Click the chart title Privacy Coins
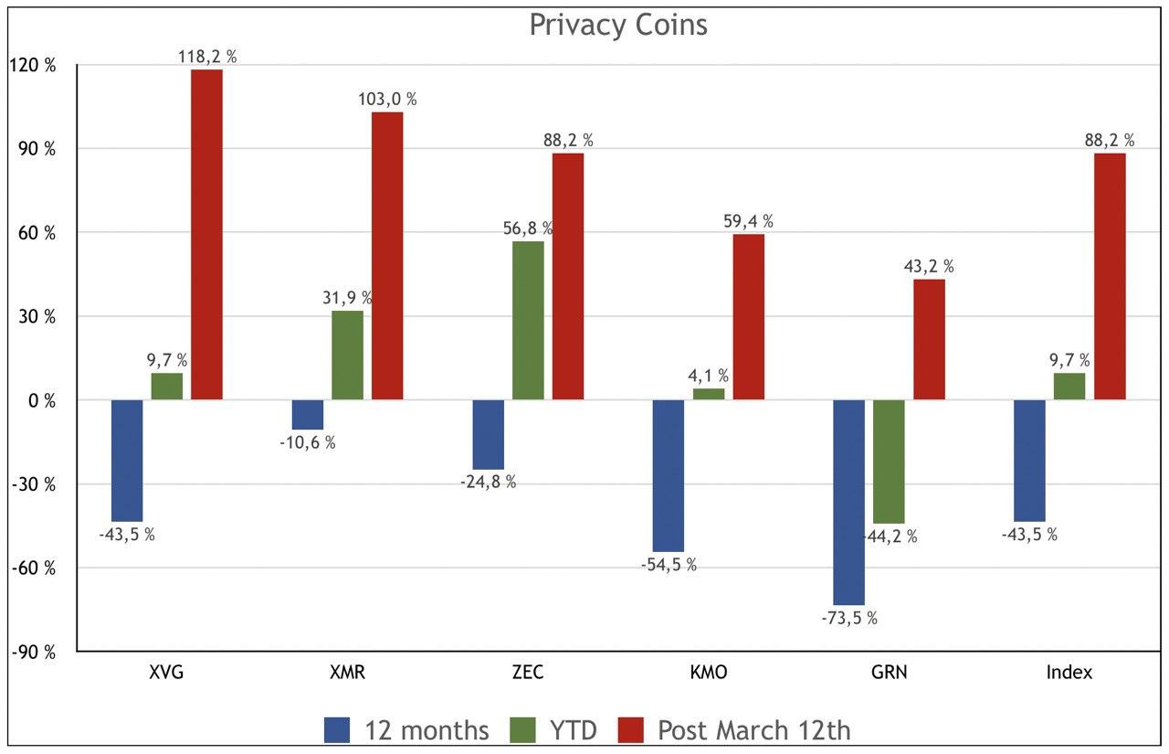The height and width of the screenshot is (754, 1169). [x=618, y=25]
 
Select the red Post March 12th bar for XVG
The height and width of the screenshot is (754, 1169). [x=206, y=234]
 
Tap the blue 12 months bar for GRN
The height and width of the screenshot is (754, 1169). [x=848, y=502]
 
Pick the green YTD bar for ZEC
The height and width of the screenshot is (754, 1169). [x=528, y=320]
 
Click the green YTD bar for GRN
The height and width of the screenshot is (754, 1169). [x=889, y=462]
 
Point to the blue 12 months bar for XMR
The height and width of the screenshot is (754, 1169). [x=307, y=414]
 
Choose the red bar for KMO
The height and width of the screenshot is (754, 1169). [x=749, y=316]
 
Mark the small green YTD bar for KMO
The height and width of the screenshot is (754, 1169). [x=709, y=394]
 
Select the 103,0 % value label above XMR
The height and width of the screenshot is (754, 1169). [x=386, y=99]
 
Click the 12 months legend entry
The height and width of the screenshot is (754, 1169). [x=406, y=730]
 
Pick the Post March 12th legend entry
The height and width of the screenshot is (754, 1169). [x=734, y=730]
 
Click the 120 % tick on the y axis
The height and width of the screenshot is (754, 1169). [x=33, y=66]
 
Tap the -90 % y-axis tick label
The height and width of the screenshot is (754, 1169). [x=33, y=652]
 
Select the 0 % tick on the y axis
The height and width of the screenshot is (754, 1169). [x=40, y=400]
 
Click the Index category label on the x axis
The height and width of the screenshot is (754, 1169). [x=1069, y=673]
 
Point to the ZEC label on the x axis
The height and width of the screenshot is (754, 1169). [x=528, y=673]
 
